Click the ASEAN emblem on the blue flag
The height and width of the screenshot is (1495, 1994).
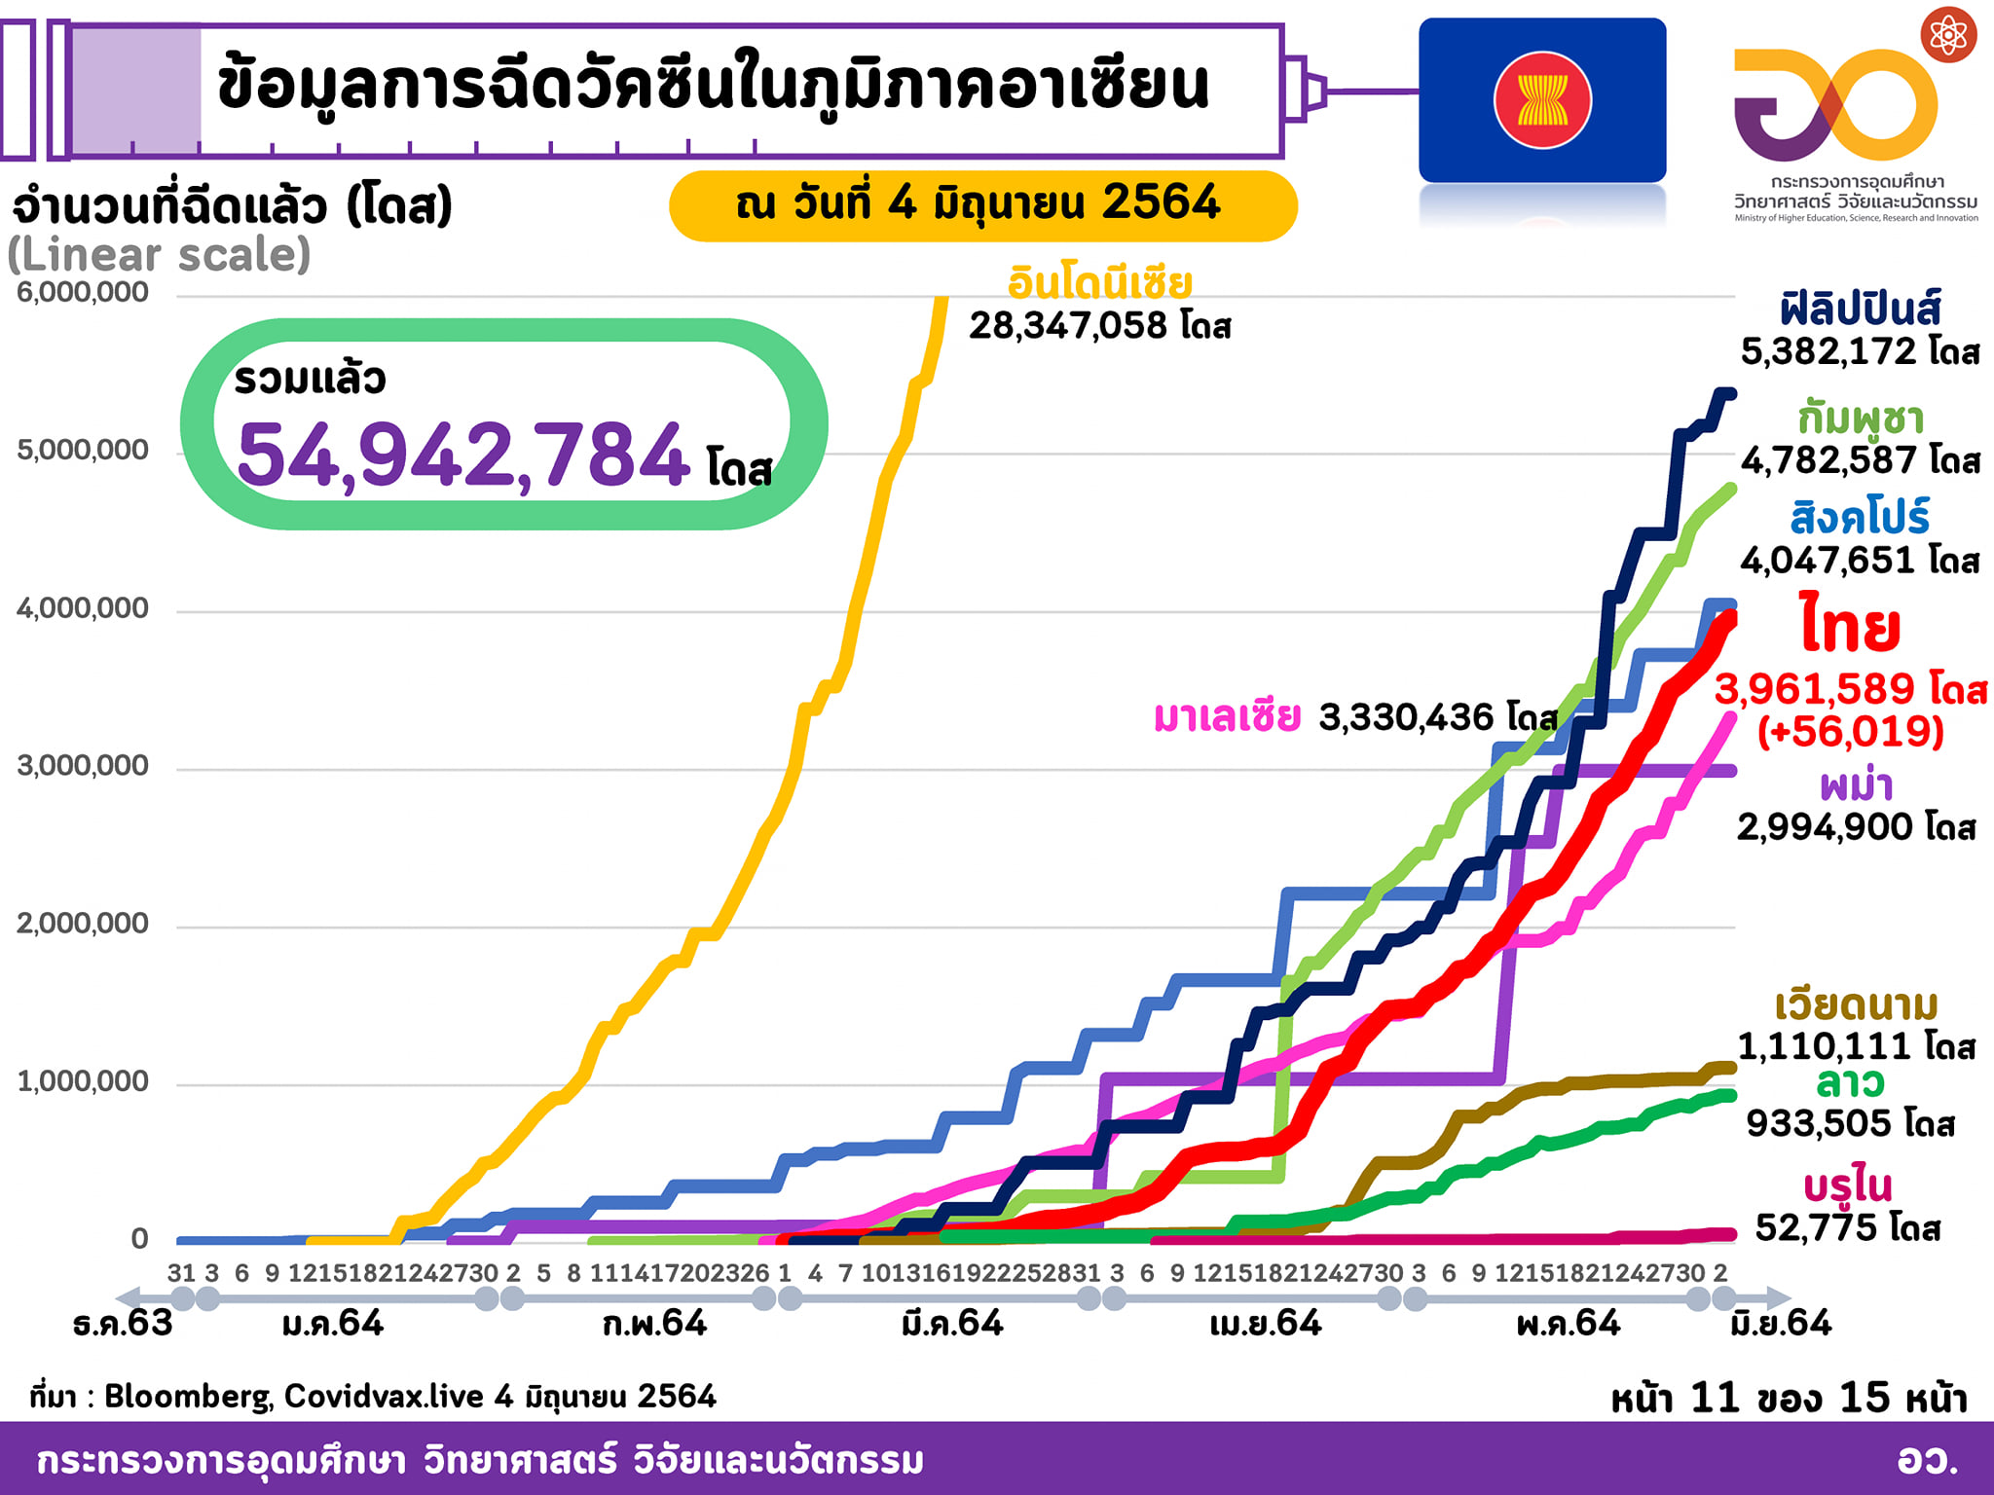tap(1542, 100)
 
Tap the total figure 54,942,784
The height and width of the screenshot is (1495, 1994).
tap(463, 456)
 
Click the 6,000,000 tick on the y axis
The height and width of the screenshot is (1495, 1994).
tap(83, 292)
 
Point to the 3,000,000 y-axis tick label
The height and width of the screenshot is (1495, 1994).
tap(83, 766)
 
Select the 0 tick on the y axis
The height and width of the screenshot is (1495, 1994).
tap(139, 1239)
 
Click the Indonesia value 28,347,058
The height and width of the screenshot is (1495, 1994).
tap(1068, 326)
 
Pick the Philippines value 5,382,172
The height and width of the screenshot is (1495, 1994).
tap(1828, 351)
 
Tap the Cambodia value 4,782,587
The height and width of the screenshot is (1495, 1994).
tap(1828, 460)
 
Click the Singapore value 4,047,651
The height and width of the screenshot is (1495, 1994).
tap(1828, 561)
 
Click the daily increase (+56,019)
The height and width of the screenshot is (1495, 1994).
tap(1850, 731)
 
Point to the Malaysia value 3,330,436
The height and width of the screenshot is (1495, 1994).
tap(1406, 717)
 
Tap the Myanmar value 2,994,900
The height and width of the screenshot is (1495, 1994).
tap(1825, 827)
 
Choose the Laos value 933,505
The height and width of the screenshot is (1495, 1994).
tap(1818, 1123)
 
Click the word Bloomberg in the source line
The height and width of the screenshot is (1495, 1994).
tap(187, 1397)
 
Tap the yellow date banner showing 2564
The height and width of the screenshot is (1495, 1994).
tap(982, 204)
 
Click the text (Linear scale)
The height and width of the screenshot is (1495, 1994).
tap(159, 255)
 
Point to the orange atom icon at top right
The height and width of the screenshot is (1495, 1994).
tap(1948, 35)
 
